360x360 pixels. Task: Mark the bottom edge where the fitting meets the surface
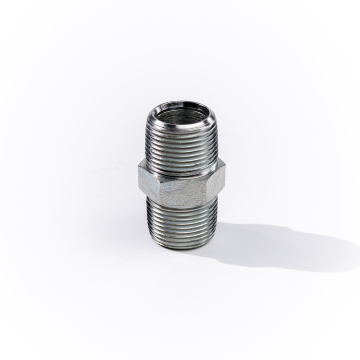[181, 248]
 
